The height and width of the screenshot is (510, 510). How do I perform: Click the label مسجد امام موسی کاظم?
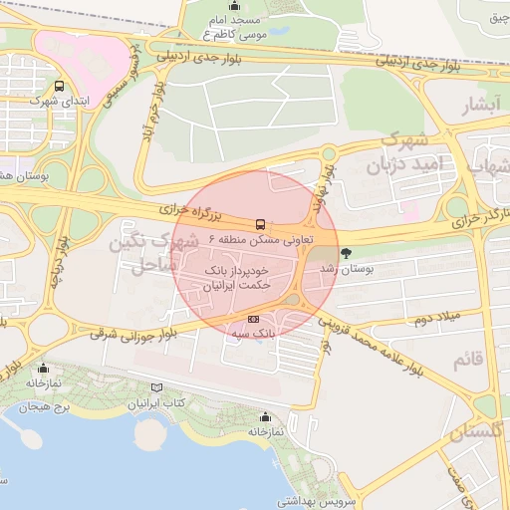click(x=234, y=27)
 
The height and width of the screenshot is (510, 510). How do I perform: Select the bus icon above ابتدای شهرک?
click(x=59, y=86)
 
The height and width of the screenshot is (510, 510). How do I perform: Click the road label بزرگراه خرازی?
click(x=197, y=211)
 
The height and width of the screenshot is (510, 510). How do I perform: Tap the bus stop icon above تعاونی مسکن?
click(x=261, y=224)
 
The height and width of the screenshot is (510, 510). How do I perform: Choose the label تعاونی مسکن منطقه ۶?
click(x=261, y=240)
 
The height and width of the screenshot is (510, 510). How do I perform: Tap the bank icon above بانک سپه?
click(x=253, y=319)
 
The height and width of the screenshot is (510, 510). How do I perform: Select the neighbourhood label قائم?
click(x=467, y=361)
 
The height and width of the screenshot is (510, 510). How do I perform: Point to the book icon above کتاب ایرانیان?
click(x=153, y=386)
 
